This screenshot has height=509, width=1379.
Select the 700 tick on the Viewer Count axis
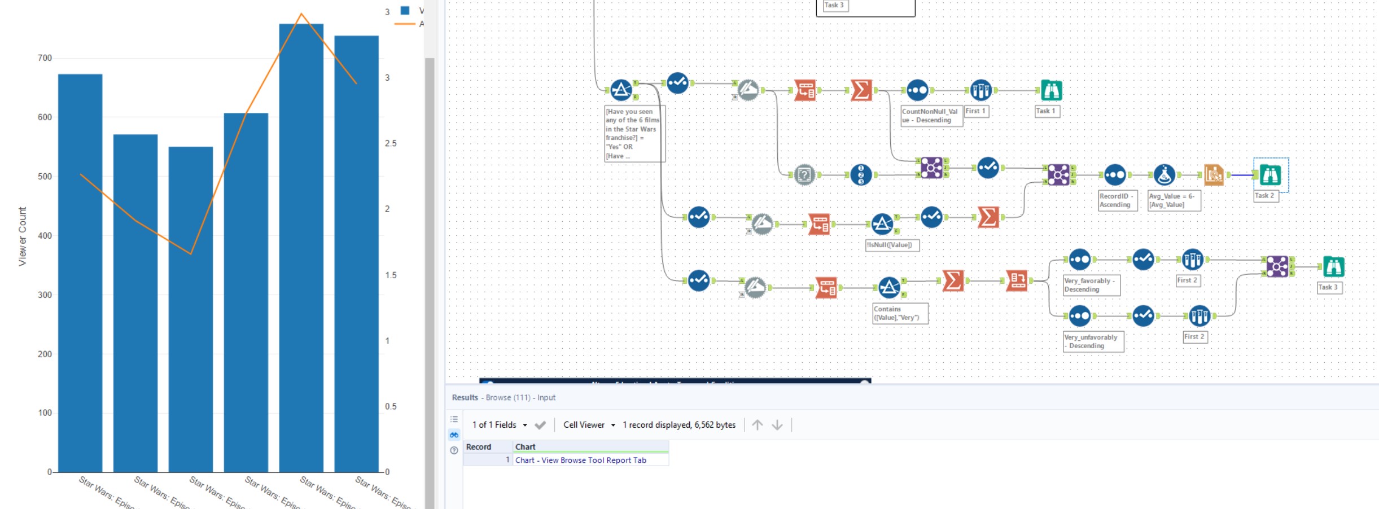[x=45, y=58]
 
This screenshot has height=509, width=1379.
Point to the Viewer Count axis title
[x=22, y=236]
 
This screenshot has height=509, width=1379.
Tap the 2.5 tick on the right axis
[x=391, y=143]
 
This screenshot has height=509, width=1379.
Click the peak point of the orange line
[x=301, y=14]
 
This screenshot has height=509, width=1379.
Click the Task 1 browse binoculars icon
[x=1051, y=90]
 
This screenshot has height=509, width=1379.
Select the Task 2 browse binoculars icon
[x=1270, y=175]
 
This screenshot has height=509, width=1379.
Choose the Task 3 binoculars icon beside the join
[x=1333, y=266]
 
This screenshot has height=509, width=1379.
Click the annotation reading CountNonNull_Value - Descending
[x=931, y=116]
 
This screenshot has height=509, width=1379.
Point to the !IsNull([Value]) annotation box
[x=891, y=245]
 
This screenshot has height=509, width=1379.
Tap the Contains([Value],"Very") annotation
[x=899, y=313]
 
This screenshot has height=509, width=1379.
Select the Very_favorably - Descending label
[x=1091, y=285]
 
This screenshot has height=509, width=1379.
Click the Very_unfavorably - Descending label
[x=1092, y=341]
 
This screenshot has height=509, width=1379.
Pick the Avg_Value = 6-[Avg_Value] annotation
[x=1174, y=200]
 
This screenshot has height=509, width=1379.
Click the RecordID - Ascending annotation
[x=1117, y=200]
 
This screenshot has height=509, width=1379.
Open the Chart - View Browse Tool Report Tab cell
[x=580, y=460]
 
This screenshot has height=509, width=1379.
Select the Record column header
[x=479, y=447]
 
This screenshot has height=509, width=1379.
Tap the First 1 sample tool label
[x=975, y=111]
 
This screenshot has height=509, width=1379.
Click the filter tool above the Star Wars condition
[x=621, y=90]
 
